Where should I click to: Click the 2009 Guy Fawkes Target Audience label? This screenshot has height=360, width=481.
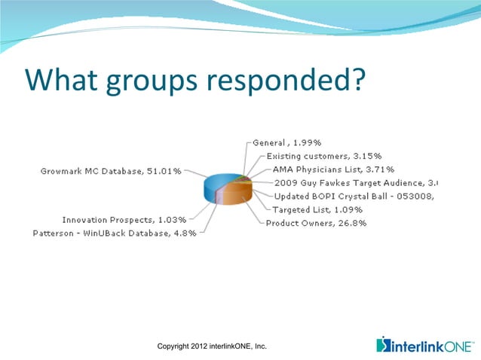pyautogui.click(x=354, y=183)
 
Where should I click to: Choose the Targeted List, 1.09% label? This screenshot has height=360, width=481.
pyautogui.click(x=317, y=209)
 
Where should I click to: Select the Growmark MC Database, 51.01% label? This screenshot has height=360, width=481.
pyautogui.click(x=110, y=172)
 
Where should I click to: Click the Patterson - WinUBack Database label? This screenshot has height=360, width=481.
pyautogui.click(x=115, y=233)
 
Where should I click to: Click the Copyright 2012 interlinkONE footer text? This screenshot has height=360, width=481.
pyautogui.click(x=212, y=346)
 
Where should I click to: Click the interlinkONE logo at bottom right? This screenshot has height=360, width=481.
pyautogui.click(x=425, y=346)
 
